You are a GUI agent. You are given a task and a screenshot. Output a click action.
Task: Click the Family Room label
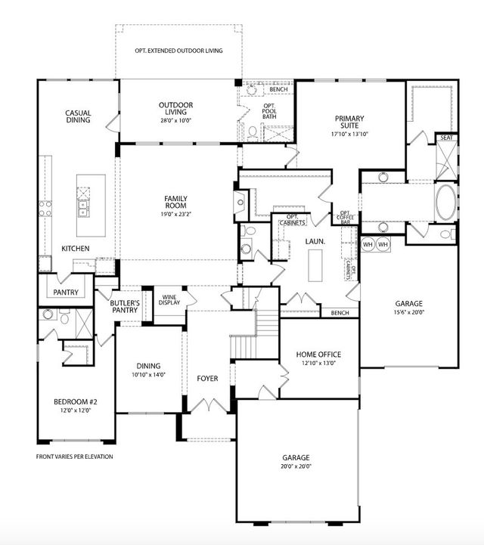click(x=175, y=203)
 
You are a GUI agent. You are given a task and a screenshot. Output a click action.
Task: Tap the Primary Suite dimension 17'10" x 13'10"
click(x=349, y=135)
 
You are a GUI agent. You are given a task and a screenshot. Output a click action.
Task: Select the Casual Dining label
click(x=78, y=116)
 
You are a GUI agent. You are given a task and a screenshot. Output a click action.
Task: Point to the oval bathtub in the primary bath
click(x=447, y=203)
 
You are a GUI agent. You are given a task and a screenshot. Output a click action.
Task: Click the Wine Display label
click(x=169, y=299)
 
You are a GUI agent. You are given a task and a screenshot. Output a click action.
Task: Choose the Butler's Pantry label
click(x=125, y=308)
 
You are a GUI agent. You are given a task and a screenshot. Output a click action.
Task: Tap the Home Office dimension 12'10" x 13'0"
click(x=318, y=363)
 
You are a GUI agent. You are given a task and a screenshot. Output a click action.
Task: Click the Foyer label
click(x=207, y=378)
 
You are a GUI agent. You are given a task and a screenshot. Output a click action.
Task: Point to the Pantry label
click(x=65, y=292)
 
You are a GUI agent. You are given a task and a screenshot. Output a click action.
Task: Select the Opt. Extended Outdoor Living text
click(x=178, y=51)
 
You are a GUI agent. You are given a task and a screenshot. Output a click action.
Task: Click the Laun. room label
click(x=315, y=241)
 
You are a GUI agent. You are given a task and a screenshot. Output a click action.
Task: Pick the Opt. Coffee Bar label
click(x=346, y=218)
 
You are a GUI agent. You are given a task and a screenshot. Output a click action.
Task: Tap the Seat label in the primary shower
click(x=446, y=138)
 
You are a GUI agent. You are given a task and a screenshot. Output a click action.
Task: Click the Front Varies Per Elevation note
click(x=74, y=457)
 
